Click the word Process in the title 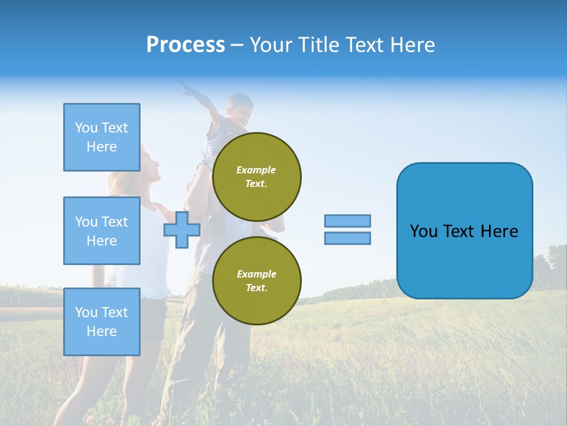point(185,45)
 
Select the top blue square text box point(102,137)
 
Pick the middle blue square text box point(102,231)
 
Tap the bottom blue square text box point(102,321)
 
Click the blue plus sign point(182,230)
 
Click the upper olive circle point(256,176)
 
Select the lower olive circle point(256,280)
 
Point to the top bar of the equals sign point(347,221)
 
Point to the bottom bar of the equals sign point(347,238)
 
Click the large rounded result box point(464,231)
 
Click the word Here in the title point(413,45)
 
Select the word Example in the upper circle point(256,170)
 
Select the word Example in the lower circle point(256,274)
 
